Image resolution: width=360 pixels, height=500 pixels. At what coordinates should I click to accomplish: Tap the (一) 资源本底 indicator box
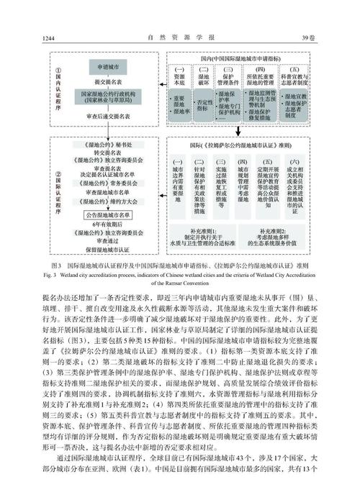pos(180,77)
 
